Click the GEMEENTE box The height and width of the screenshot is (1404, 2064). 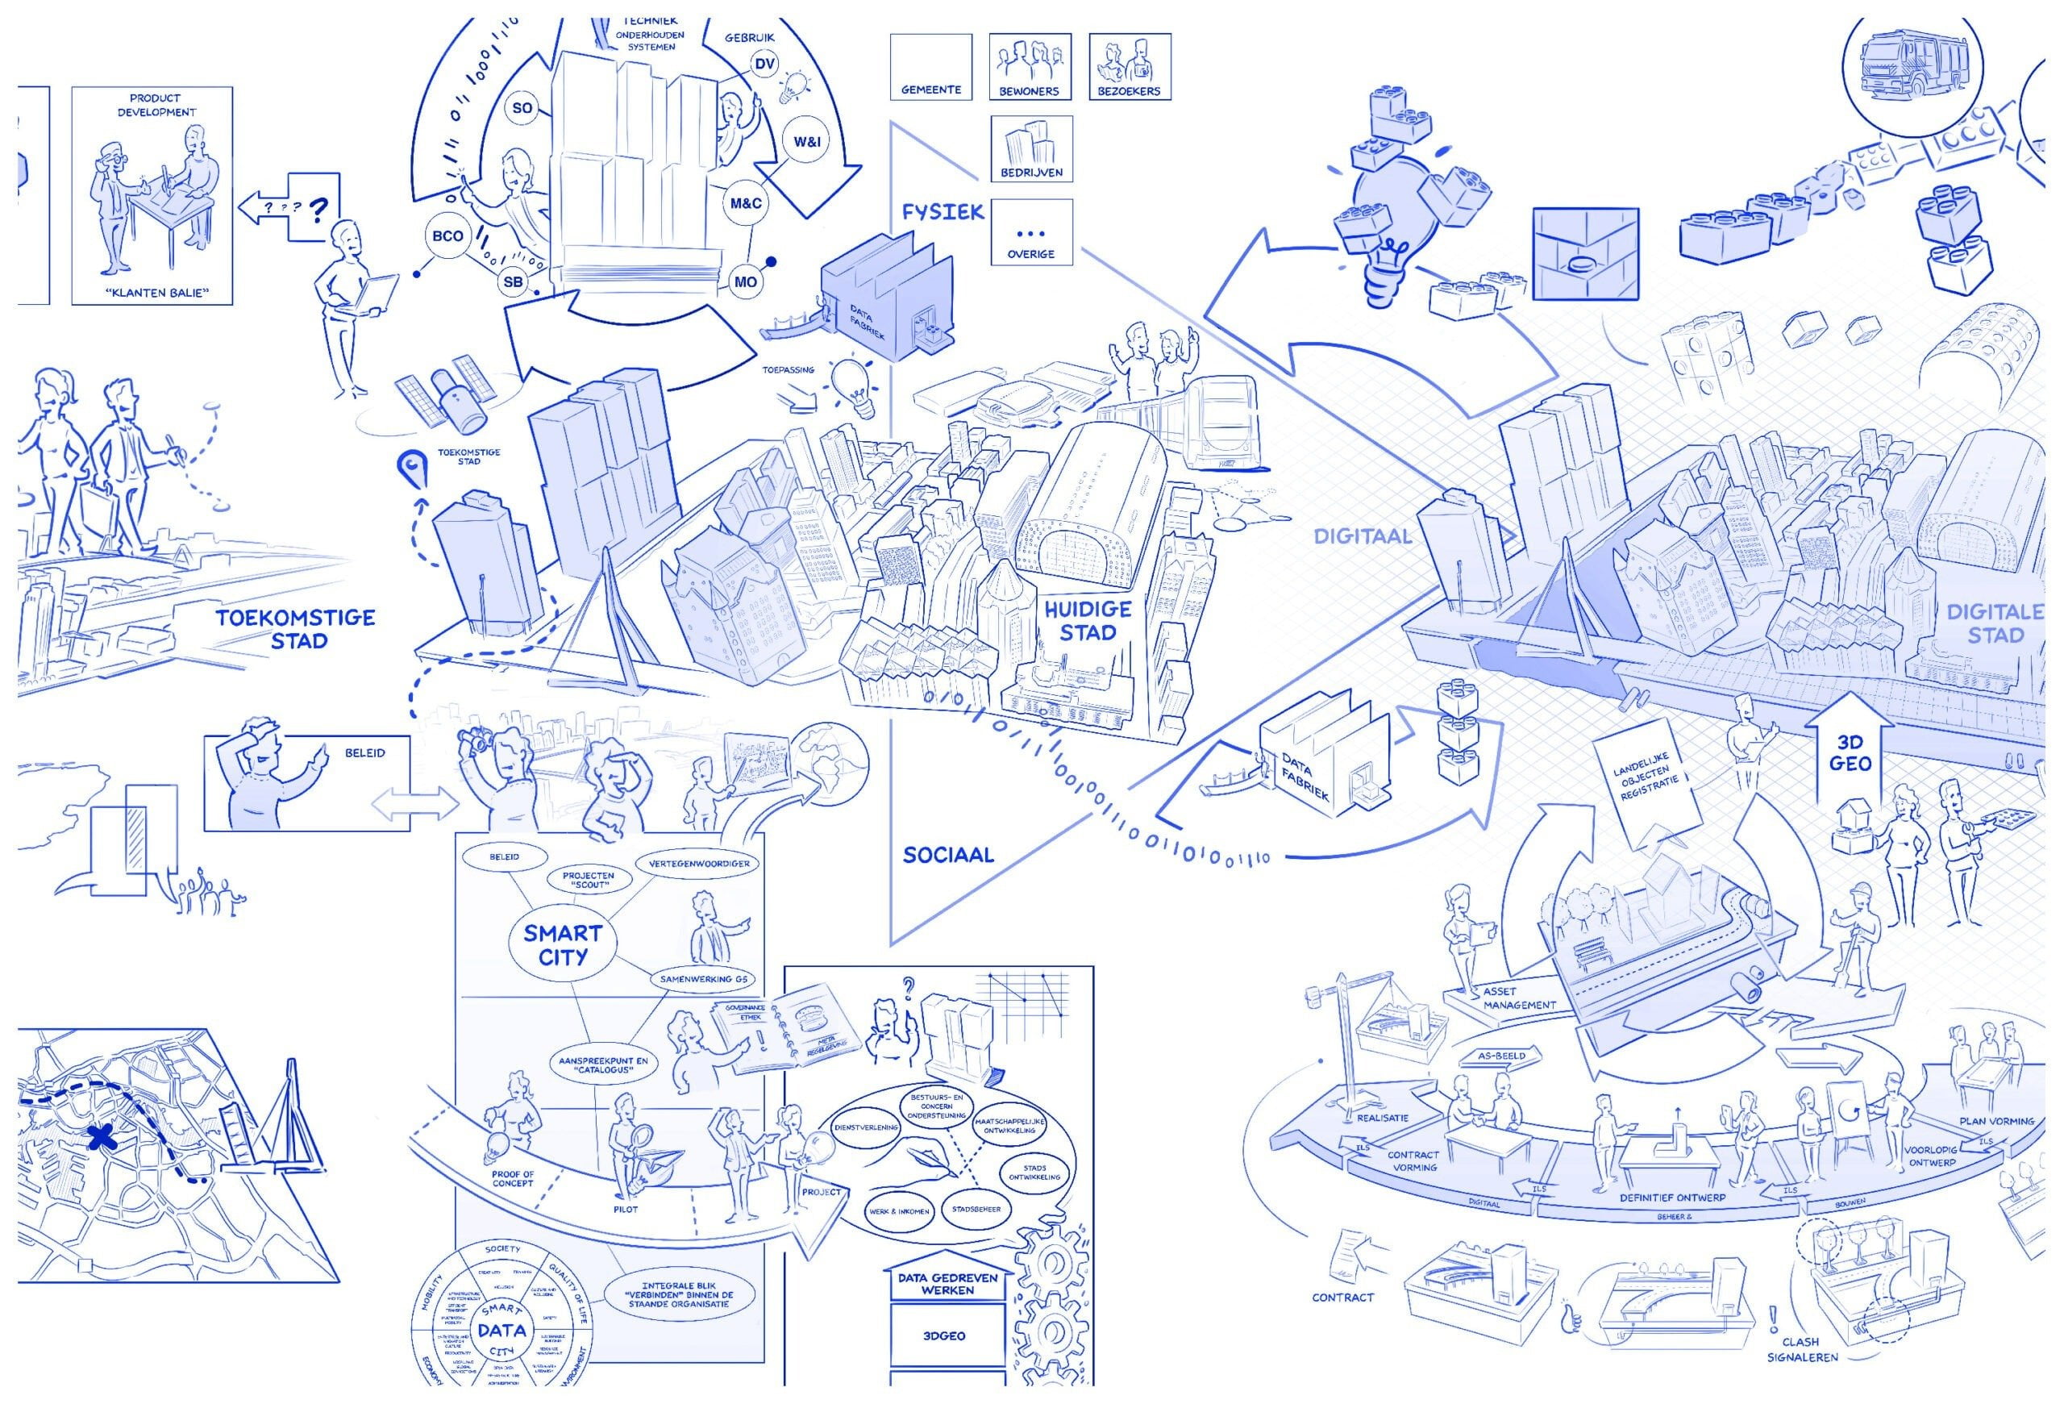[930, 68]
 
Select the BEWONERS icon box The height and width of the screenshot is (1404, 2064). [1030, 68]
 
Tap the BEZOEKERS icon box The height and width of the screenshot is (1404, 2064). [1130, 68]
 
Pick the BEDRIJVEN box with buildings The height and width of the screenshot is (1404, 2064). [1031, 149]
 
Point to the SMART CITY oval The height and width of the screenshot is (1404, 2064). [562, 944]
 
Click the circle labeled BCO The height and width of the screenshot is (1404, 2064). [447, 236]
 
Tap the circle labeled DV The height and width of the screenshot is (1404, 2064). [764, 64]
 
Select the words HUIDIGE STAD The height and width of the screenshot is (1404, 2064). [1087, 621]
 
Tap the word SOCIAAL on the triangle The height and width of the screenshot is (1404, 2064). [947, 855]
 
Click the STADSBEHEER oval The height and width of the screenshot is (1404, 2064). [977, 1209]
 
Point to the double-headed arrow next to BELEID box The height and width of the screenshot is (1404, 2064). [414, 805]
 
